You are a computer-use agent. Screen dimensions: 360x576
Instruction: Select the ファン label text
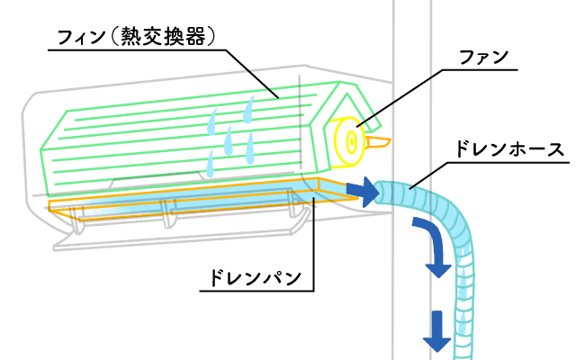[x=483, y=57]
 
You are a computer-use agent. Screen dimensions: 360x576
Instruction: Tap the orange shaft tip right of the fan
[x=380, y=142]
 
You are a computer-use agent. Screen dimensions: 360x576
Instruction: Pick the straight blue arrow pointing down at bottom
[x=437, y=329]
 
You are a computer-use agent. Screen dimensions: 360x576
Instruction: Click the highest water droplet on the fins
[x=248, y=111]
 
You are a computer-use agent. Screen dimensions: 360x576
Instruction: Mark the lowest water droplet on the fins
[x=211, y=164]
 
